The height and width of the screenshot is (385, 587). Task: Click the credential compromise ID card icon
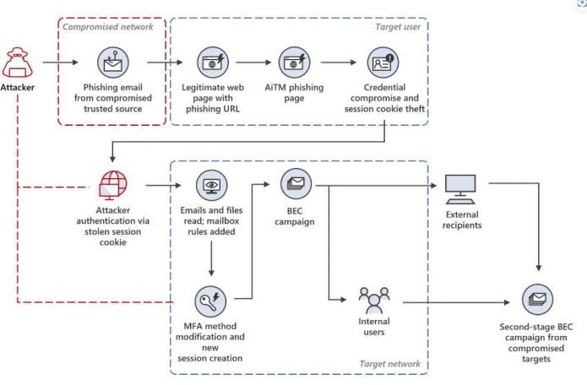pyautogui.click(x=383, y=62)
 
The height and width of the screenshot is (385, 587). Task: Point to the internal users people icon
pyautogui.click(x=373, y=300)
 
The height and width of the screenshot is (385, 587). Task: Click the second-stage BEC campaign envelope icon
pyautogui.click(x=537, y=300)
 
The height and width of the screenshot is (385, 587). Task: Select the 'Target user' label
pyautogui.click(x=397, y=25)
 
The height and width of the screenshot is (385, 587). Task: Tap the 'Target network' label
pyautogui.click(x=389, y=364)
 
